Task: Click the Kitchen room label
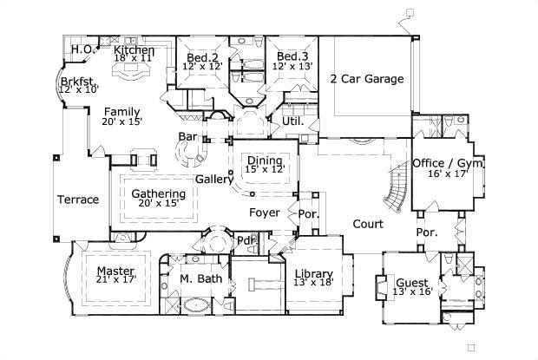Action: [134, 51]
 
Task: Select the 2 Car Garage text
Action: [366, 79]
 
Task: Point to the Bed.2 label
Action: [201, 57]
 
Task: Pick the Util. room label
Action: [292, 121]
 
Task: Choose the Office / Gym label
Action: [448, 163]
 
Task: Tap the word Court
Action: [368, 224]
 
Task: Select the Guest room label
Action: [411, 282]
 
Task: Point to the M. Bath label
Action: [200, 278]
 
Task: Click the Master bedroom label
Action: [115, 271]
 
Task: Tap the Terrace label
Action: [78, 200]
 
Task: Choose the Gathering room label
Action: [158, 193]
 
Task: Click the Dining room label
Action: [265, 160]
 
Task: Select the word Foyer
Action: [265, 213]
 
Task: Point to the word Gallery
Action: [213, 179]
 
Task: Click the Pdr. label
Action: [246, 240]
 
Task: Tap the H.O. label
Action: [82, 49]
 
